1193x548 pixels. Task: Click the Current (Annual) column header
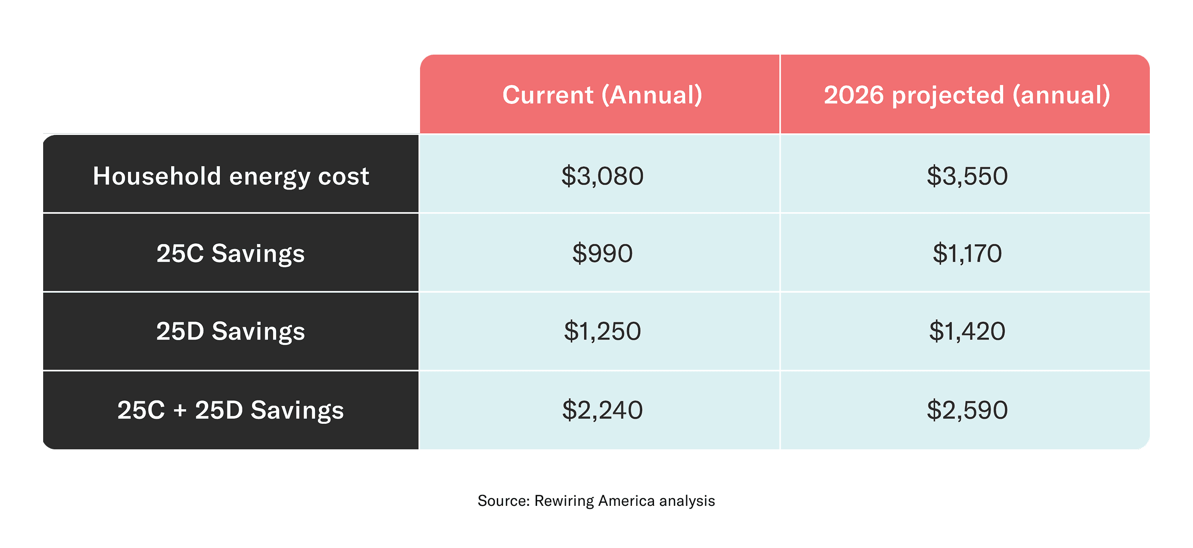(602, 95)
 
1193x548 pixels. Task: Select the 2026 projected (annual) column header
(967, 95)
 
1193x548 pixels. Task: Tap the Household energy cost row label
(231, 176)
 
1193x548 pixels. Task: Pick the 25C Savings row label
(231, 253)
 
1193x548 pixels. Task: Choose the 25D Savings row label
(231, 331)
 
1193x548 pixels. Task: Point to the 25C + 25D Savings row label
(231, 410)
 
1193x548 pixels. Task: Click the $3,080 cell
(602, 176)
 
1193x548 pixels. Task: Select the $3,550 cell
(967, 176)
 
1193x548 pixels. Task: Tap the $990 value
(602, 253)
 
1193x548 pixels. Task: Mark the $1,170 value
(967, 253)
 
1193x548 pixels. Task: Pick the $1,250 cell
(602, 331)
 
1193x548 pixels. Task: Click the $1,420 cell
(967, 331)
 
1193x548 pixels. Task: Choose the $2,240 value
(602, 410)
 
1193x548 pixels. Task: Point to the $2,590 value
(967, 410)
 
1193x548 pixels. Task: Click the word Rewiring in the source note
(564, 501)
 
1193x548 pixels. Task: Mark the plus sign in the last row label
(180, 411)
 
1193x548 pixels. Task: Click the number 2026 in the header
(854, 95)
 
